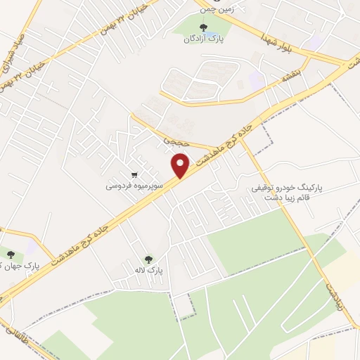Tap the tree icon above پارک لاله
[148, 259]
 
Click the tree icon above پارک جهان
[10, 255]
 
